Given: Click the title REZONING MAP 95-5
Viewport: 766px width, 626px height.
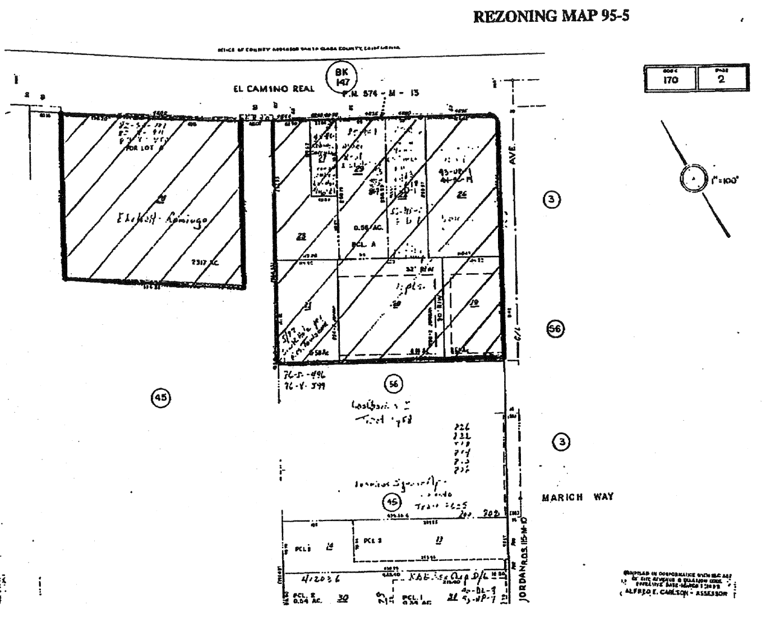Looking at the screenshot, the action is [551, 16].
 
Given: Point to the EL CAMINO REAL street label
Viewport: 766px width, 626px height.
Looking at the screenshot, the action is [274, 89].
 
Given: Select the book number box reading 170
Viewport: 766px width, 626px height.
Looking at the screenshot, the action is [670, 79].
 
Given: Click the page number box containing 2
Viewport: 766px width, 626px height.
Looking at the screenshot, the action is [722, 79].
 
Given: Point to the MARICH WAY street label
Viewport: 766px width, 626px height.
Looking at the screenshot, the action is [578, 497].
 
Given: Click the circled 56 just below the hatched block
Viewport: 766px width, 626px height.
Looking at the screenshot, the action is [393, 384].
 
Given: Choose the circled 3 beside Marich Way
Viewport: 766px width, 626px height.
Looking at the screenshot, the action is [562, 442].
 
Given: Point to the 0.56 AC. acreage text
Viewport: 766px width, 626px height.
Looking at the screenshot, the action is [365, 228].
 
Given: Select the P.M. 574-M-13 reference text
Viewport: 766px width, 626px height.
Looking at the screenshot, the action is [381, 93].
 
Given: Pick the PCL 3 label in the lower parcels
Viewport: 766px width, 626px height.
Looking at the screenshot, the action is [372, 541].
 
